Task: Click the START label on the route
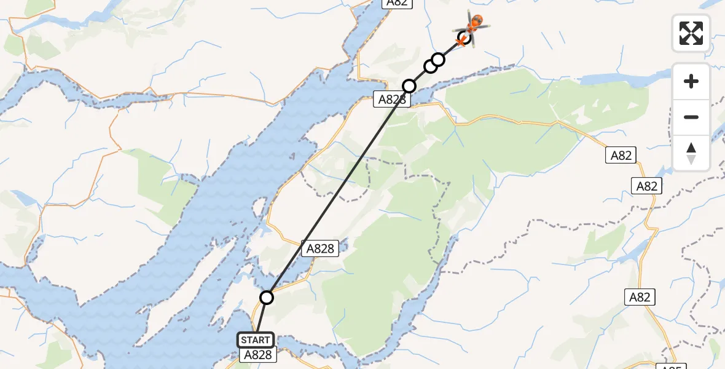256,340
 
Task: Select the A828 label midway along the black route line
320,248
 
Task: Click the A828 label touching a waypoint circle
391,99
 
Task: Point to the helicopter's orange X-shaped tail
461,41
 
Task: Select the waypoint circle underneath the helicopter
465,38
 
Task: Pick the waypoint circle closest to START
267,298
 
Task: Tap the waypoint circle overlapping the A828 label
409,86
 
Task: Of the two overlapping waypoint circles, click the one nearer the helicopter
438,60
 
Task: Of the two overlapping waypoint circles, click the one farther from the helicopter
430,66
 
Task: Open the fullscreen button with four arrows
691,33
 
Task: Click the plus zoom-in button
691,81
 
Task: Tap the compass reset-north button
691,153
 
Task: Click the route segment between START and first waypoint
261,318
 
